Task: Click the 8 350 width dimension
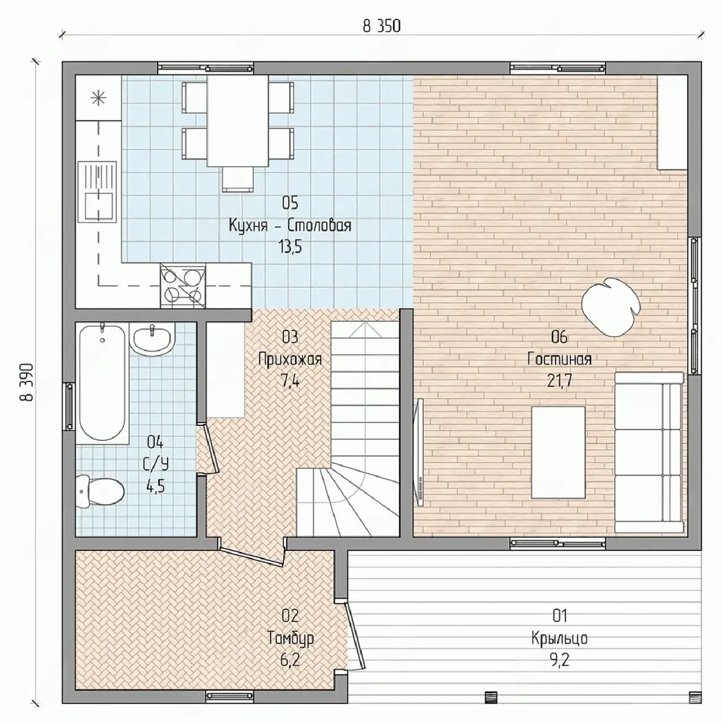point(382,26)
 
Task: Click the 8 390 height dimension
point(27,382)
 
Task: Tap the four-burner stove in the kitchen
point(183,286)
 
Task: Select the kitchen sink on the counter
point(97,192)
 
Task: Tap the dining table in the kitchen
point(238,120)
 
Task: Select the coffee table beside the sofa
point(559,453)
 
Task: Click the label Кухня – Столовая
point(290,226)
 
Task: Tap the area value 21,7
point(559,381)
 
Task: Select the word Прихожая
point(290,360)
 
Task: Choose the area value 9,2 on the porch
point(560,660)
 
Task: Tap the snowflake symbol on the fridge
point(98,98)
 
